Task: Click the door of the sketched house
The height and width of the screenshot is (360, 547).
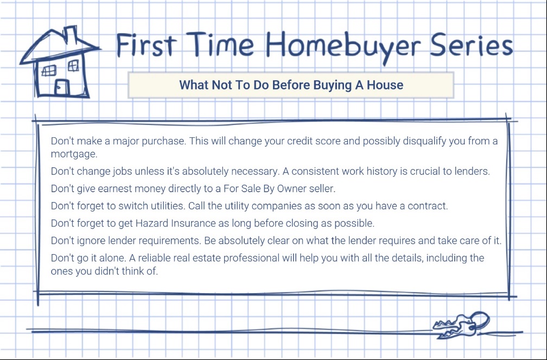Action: click(62, 87)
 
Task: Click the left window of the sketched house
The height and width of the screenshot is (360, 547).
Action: click(49, 71)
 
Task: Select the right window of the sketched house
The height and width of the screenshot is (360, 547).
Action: click(73, 65)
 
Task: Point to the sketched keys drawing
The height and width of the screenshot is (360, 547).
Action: click(461, 325)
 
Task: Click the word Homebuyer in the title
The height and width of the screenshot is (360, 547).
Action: click(344, 46)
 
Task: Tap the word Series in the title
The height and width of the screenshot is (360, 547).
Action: click(472, 46)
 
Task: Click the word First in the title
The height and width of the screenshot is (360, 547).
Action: click(146, 45)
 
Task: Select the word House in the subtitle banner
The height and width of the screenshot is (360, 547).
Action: click(385, 85)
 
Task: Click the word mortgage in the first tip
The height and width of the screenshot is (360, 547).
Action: click(74, 154)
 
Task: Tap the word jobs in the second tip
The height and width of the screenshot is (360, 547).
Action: click(122, 172)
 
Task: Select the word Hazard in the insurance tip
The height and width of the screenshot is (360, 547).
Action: click(152, 223)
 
